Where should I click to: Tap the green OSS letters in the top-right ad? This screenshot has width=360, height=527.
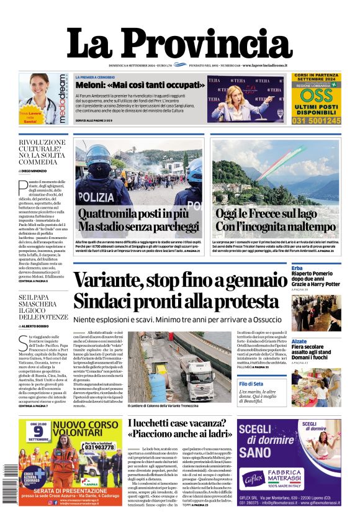pyautogui.click(x=317, y=95)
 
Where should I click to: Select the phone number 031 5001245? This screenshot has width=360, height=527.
pyautogui.click(x=317, y=120)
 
